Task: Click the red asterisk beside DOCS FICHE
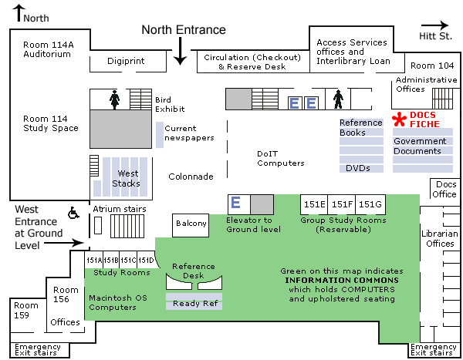point(400,119)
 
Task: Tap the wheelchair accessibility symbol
point(75,212)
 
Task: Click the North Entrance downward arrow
point(180,52)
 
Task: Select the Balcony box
point(191,224)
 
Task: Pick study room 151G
point(370,204)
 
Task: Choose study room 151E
point(314,204)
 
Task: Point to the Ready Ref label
point(194,303)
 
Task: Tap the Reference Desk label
point(194,271)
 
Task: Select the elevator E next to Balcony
point(237,203)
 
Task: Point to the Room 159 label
point(25,310)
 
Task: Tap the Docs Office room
point(445,189)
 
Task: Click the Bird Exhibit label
point(169,104)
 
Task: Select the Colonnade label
point(191,177)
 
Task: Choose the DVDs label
point(357,167)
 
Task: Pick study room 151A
point(93,260)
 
